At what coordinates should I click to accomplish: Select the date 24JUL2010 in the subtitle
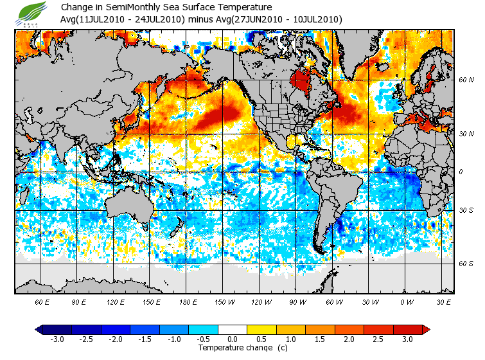tap(157, 20)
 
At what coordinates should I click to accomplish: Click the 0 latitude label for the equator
tap(461, 172)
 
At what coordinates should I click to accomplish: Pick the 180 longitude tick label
tap(188, 301)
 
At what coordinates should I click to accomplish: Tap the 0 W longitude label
tap(406, 301)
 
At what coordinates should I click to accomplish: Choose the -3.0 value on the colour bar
tap(57, 339)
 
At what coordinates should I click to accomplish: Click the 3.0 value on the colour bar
tap(407, 339)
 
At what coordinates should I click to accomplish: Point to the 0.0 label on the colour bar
tap(232, 339)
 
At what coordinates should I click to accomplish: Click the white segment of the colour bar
tap(232, 330)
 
